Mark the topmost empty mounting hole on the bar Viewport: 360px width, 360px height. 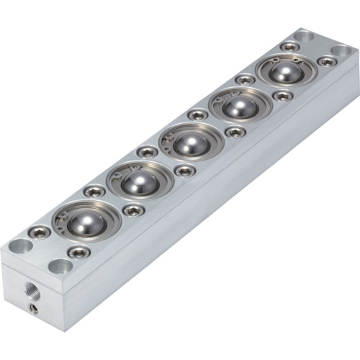303,34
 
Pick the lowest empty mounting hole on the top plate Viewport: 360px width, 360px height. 60,266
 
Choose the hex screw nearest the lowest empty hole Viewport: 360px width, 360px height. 78,252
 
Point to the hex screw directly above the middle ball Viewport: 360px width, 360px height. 197,114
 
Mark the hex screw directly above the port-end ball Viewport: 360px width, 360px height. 94,192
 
